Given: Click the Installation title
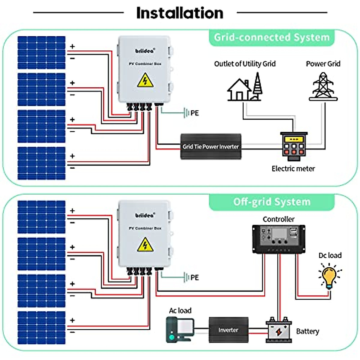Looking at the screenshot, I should click(180, 13).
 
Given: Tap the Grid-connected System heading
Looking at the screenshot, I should click(271, 37).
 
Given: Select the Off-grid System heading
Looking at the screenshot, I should click(271, 202).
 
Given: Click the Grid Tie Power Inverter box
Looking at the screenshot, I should click(211, 146).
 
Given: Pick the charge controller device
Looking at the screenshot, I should click(279, 239).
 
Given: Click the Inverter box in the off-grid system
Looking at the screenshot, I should click(228, 330).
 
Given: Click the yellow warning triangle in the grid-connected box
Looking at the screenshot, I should click(145, 80).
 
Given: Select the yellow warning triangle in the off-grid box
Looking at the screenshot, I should click(145, 245).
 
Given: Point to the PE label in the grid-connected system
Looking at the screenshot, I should click(194, 113).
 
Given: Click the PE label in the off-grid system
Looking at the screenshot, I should click(194, 277).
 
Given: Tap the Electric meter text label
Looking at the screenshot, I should click(293, 169).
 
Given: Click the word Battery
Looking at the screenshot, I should click(307, 331).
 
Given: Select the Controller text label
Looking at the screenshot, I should click(278, 219).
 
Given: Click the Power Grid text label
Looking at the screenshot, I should click(323, 64).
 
